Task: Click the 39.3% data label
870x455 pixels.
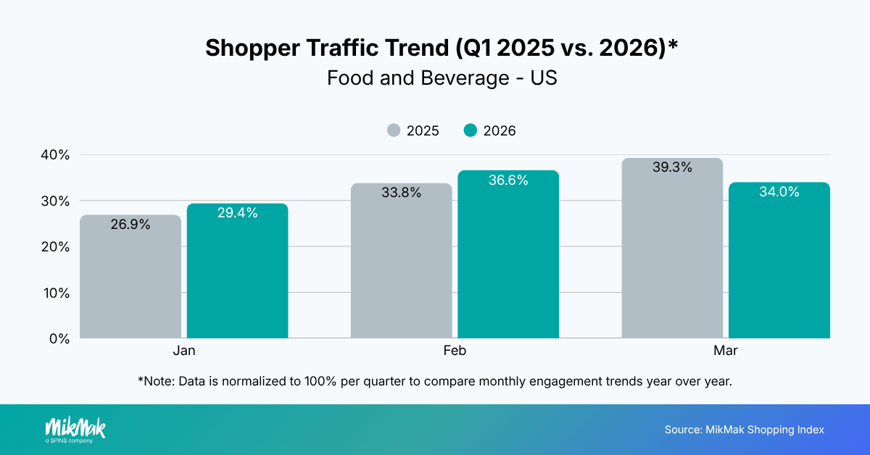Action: point(672,167)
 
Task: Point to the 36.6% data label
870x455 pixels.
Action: point(508,180)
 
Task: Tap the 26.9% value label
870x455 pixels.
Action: point(130,225)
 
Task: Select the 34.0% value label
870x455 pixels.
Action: point(779,192)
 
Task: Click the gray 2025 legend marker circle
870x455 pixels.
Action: point(393,130)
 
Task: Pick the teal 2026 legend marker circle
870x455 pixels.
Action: point(471,130)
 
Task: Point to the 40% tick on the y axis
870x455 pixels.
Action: point(55,155)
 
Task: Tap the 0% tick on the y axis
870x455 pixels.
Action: point(59,338)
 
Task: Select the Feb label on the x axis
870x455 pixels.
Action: point(455,351)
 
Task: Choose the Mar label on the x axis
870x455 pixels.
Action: point(725,351)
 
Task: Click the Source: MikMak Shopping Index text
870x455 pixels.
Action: point(744,430)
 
